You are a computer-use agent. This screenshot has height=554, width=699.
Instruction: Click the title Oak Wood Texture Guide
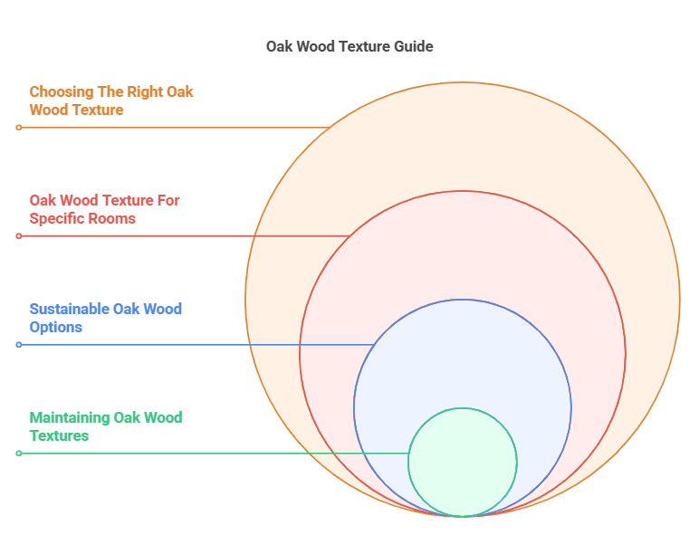click(x=349, y=46)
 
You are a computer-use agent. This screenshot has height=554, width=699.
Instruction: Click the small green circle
click(x=462, y=462)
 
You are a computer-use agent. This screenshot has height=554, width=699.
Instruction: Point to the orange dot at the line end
click(x=18, y=128)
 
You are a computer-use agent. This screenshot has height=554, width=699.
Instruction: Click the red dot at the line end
click(x=18, y=236)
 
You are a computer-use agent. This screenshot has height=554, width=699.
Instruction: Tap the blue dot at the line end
click(x=18, y=345)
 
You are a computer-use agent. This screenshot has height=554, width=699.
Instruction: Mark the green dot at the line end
click(x=18, y=454)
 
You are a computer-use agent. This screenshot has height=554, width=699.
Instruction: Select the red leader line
click(x=181, y=236)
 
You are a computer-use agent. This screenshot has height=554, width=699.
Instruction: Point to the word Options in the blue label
click(x=56, y=327)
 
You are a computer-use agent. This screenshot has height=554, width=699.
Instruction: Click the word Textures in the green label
click(x=59, y=435)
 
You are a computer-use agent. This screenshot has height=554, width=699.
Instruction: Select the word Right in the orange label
click(x=141, y=91)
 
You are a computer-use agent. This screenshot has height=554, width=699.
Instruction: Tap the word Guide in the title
click(x=414, y=46)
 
